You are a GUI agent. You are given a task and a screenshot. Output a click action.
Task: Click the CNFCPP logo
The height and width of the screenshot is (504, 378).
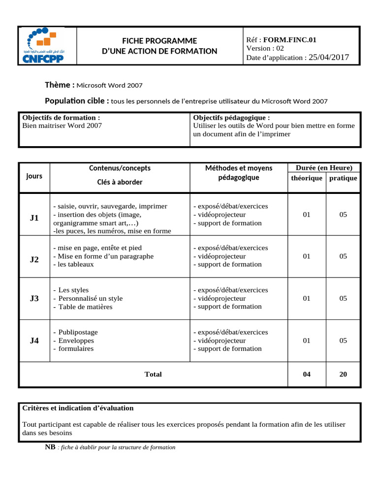click(48, 46)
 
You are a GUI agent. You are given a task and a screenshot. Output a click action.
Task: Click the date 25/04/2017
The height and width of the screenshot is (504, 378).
click(328, 57)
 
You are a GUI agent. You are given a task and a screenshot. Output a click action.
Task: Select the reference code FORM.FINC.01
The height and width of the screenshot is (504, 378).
click(289, 39)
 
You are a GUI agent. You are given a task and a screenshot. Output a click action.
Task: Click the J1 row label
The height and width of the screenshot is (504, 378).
click(34, 218)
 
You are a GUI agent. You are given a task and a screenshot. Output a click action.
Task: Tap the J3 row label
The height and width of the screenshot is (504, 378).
click(34, 298)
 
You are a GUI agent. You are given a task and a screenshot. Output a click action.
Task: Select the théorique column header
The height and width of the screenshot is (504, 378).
click(307, 178)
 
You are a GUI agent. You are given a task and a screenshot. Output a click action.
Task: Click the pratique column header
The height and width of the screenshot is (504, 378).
click(343, 178)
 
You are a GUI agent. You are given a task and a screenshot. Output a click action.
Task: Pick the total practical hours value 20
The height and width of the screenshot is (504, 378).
click(343, 374)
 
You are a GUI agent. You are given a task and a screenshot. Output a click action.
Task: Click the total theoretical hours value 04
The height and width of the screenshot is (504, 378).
click(307, 374)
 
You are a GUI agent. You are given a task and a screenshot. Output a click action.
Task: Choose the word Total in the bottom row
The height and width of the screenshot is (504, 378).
click(153, 374)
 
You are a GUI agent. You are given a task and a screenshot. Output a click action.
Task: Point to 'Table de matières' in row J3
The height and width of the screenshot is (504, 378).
click(85, 307)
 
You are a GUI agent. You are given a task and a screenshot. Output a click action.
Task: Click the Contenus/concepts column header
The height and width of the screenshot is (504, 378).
click(120, 168)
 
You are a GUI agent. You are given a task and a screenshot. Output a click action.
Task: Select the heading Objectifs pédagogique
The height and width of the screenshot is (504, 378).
click(231, 118)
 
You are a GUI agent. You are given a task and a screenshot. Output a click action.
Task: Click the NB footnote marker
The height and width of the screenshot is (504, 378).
click(50, 447)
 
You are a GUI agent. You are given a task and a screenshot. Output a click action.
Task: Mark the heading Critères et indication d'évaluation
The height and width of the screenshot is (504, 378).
click(78, 408)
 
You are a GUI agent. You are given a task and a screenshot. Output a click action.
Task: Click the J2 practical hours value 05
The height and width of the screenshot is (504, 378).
click(343, 256)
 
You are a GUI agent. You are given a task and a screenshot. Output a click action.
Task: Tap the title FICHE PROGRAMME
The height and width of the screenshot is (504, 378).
click(159, 41)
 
